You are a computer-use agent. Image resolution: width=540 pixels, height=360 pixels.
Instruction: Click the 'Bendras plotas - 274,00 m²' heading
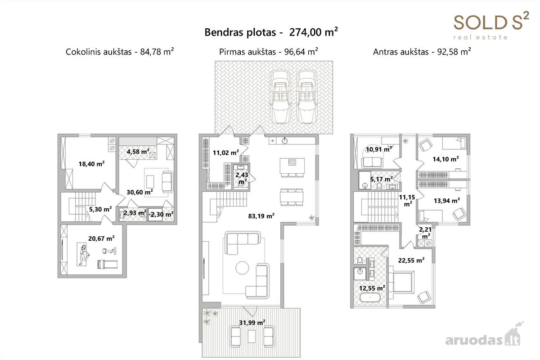[271, 32]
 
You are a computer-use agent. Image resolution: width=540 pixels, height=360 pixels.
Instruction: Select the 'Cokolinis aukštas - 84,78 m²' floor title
[120, 52]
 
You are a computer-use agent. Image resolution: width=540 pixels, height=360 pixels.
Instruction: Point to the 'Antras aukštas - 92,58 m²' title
[422, 52]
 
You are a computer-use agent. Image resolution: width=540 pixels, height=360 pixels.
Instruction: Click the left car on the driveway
[280, 97]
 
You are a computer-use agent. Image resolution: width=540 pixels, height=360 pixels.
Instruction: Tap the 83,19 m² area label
[261, 216]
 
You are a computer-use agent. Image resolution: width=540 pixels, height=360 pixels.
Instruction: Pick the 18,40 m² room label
[92, 164]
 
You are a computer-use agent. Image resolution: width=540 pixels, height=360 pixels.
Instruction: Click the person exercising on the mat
[83, 255]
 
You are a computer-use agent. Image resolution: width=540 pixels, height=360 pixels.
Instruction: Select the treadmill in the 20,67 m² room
[107, 264]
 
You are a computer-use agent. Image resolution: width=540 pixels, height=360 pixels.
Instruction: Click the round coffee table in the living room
[242, 268]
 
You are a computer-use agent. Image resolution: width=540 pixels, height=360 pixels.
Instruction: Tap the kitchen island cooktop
[292, 162]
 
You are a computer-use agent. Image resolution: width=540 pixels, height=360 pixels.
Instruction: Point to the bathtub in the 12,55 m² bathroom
[370, 298]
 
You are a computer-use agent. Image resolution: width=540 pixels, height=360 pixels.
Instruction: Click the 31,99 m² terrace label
[252, 322]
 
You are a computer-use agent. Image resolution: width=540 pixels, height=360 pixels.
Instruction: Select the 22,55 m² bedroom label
[411, 261]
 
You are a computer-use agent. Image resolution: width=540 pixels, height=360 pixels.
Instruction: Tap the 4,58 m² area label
[138, 152]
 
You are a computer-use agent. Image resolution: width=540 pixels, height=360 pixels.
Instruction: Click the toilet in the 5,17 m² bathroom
[379, 186]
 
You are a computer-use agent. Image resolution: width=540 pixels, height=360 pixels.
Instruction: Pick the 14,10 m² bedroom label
[446, 159]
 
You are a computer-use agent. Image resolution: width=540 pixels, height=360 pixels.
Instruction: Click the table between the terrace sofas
[252, 336]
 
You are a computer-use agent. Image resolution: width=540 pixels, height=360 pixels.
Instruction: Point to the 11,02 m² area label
[226, 153]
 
